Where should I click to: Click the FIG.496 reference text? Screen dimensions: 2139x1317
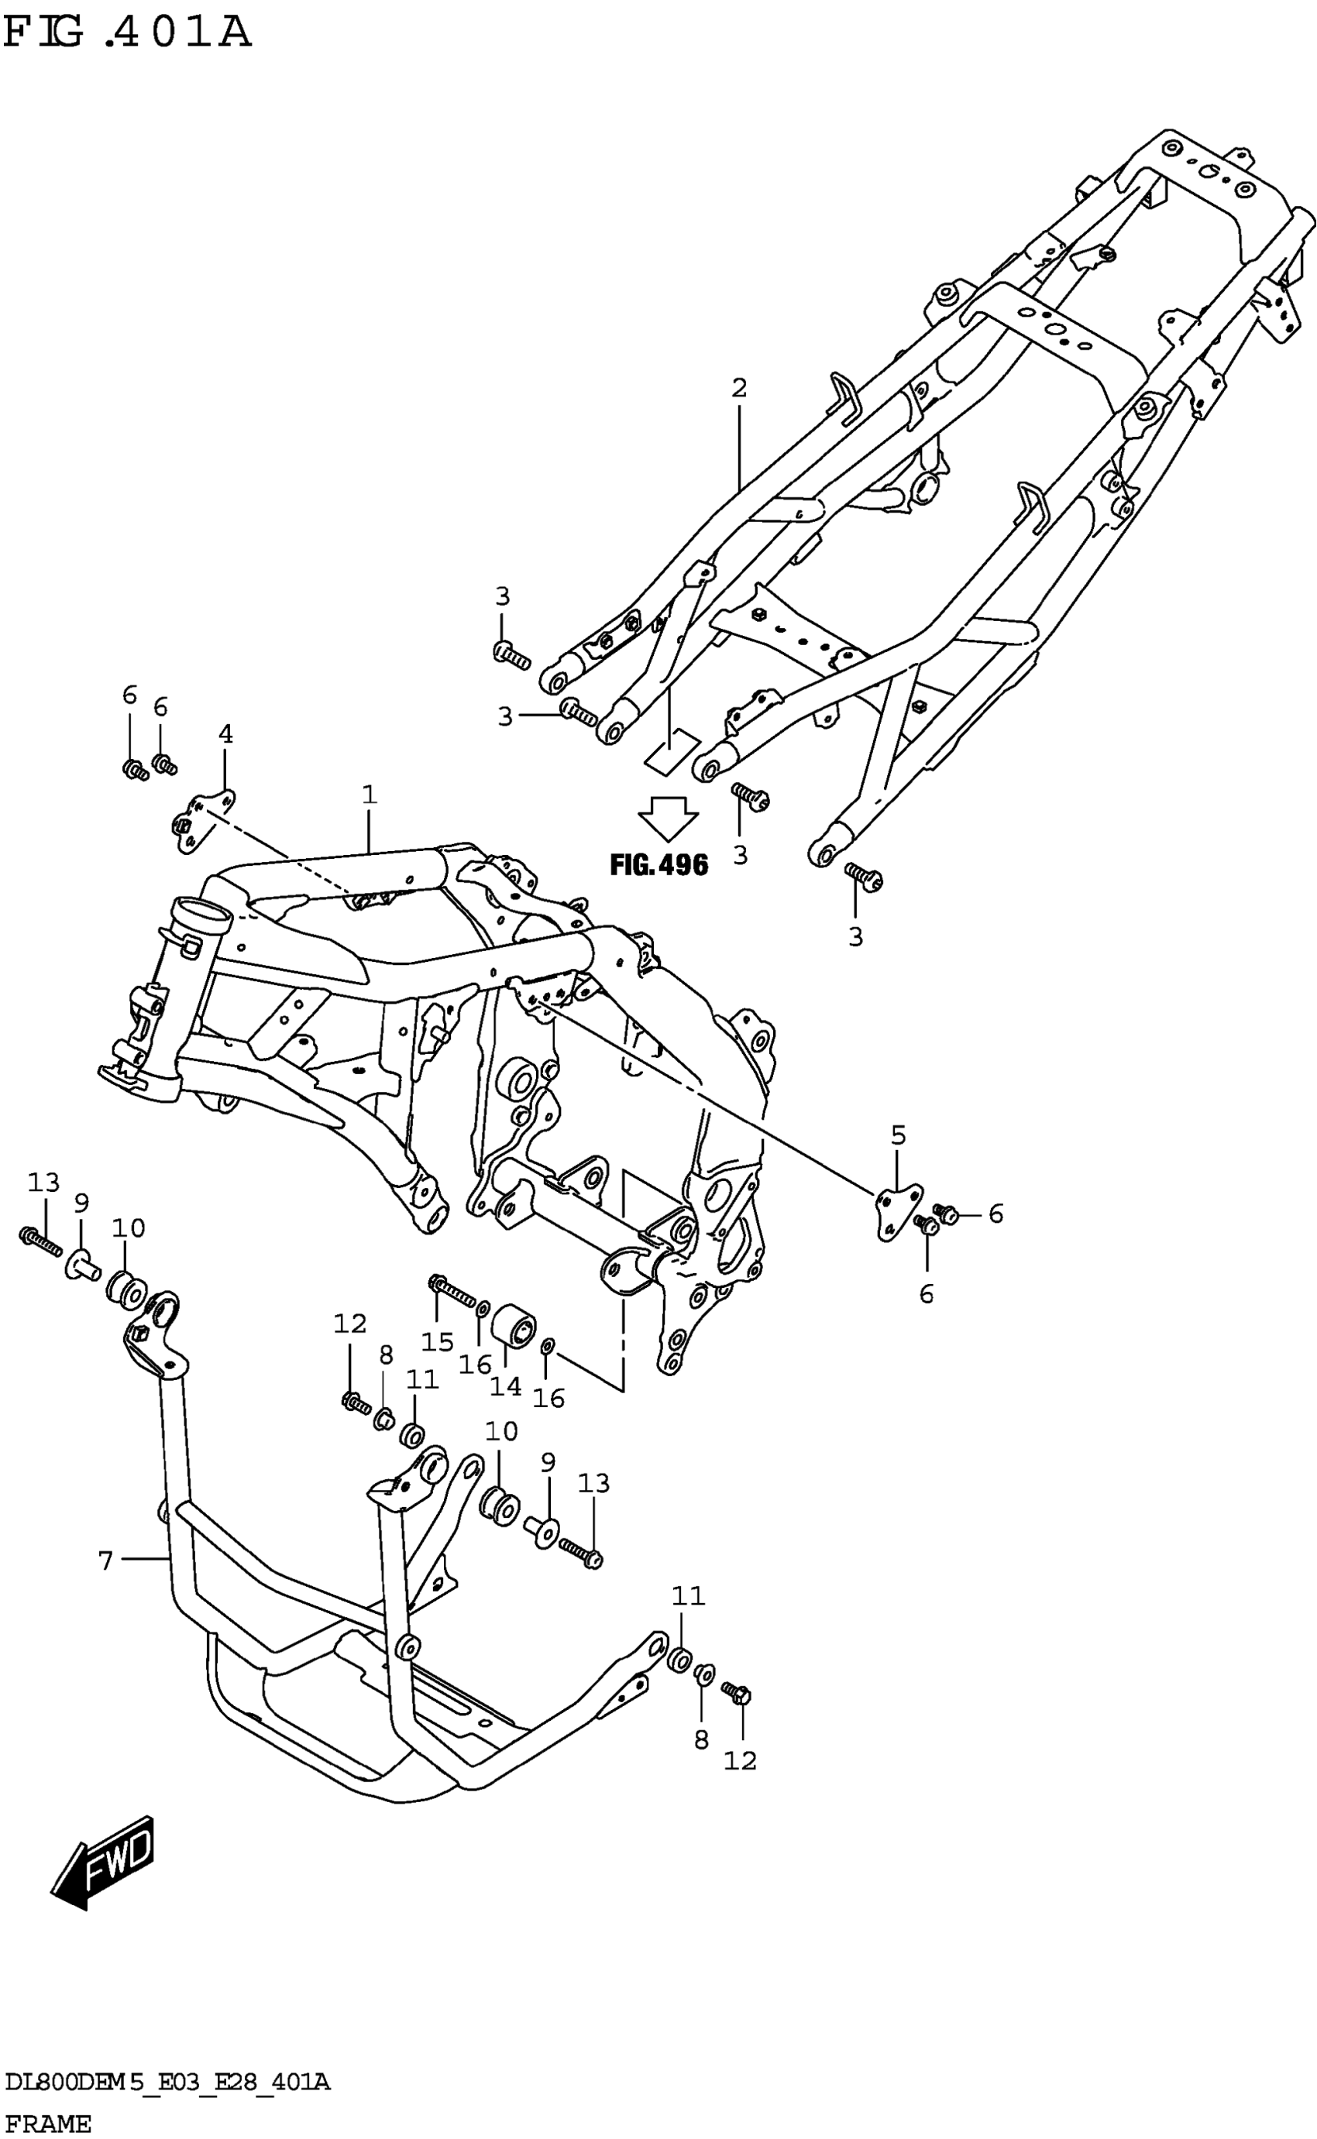[x=658, y=864]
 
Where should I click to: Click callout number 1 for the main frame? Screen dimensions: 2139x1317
[x=370, y=794]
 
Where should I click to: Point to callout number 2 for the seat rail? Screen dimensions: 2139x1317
[x=738, y=387]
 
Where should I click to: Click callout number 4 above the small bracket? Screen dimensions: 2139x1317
[x=225, y=735]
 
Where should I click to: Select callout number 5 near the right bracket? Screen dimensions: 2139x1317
[x=898, y=1135]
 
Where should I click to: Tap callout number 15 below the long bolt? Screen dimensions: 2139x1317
[x=437, y=1341]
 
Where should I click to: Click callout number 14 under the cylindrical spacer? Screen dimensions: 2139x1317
[x=505, y=1386]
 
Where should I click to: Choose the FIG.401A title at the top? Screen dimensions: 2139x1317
[x=128, y=33]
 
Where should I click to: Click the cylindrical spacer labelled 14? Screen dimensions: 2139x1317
[x=513, y=1326]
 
